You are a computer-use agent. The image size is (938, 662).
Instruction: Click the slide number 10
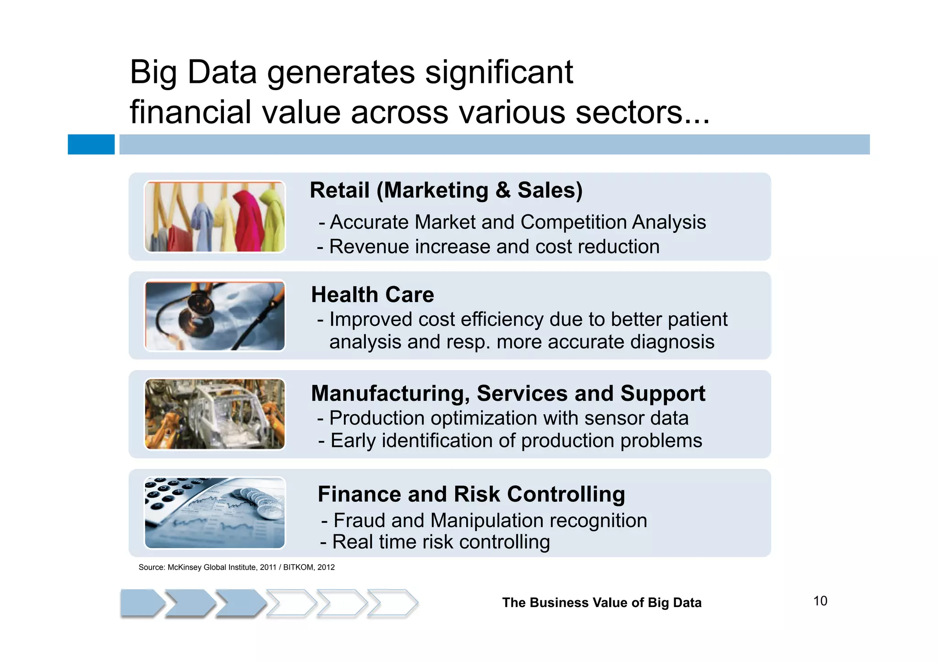[820, 601]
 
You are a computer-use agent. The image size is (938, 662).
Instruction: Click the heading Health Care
[372, 295]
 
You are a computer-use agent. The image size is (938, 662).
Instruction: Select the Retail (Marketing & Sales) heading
[446, 190]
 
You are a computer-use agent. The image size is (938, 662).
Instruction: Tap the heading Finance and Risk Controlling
[471, 494]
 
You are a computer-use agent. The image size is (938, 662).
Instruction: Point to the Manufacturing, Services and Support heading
[507, 393]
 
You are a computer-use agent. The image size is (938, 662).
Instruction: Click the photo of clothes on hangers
[215, 216]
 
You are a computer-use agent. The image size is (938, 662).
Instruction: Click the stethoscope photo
[215, 316]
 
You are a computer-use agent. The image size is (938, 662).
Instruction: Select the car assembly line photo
[215, 414]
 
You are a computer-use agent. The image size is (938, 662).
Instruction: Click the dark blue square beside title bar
[91, 144]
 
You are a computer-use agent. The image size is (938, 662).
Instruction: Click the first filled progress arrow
[142, 603]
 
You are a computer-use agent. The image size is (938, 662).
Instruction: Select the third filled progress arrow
[240, 603]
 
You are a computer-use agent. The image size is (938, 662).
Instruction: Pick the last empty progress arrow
[392, 603]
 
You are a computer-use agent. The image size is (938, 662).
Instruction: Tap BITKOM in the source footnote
[298, 567]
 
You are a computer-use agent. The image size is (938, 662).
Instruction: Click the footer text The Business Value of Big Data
[601, 603]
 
